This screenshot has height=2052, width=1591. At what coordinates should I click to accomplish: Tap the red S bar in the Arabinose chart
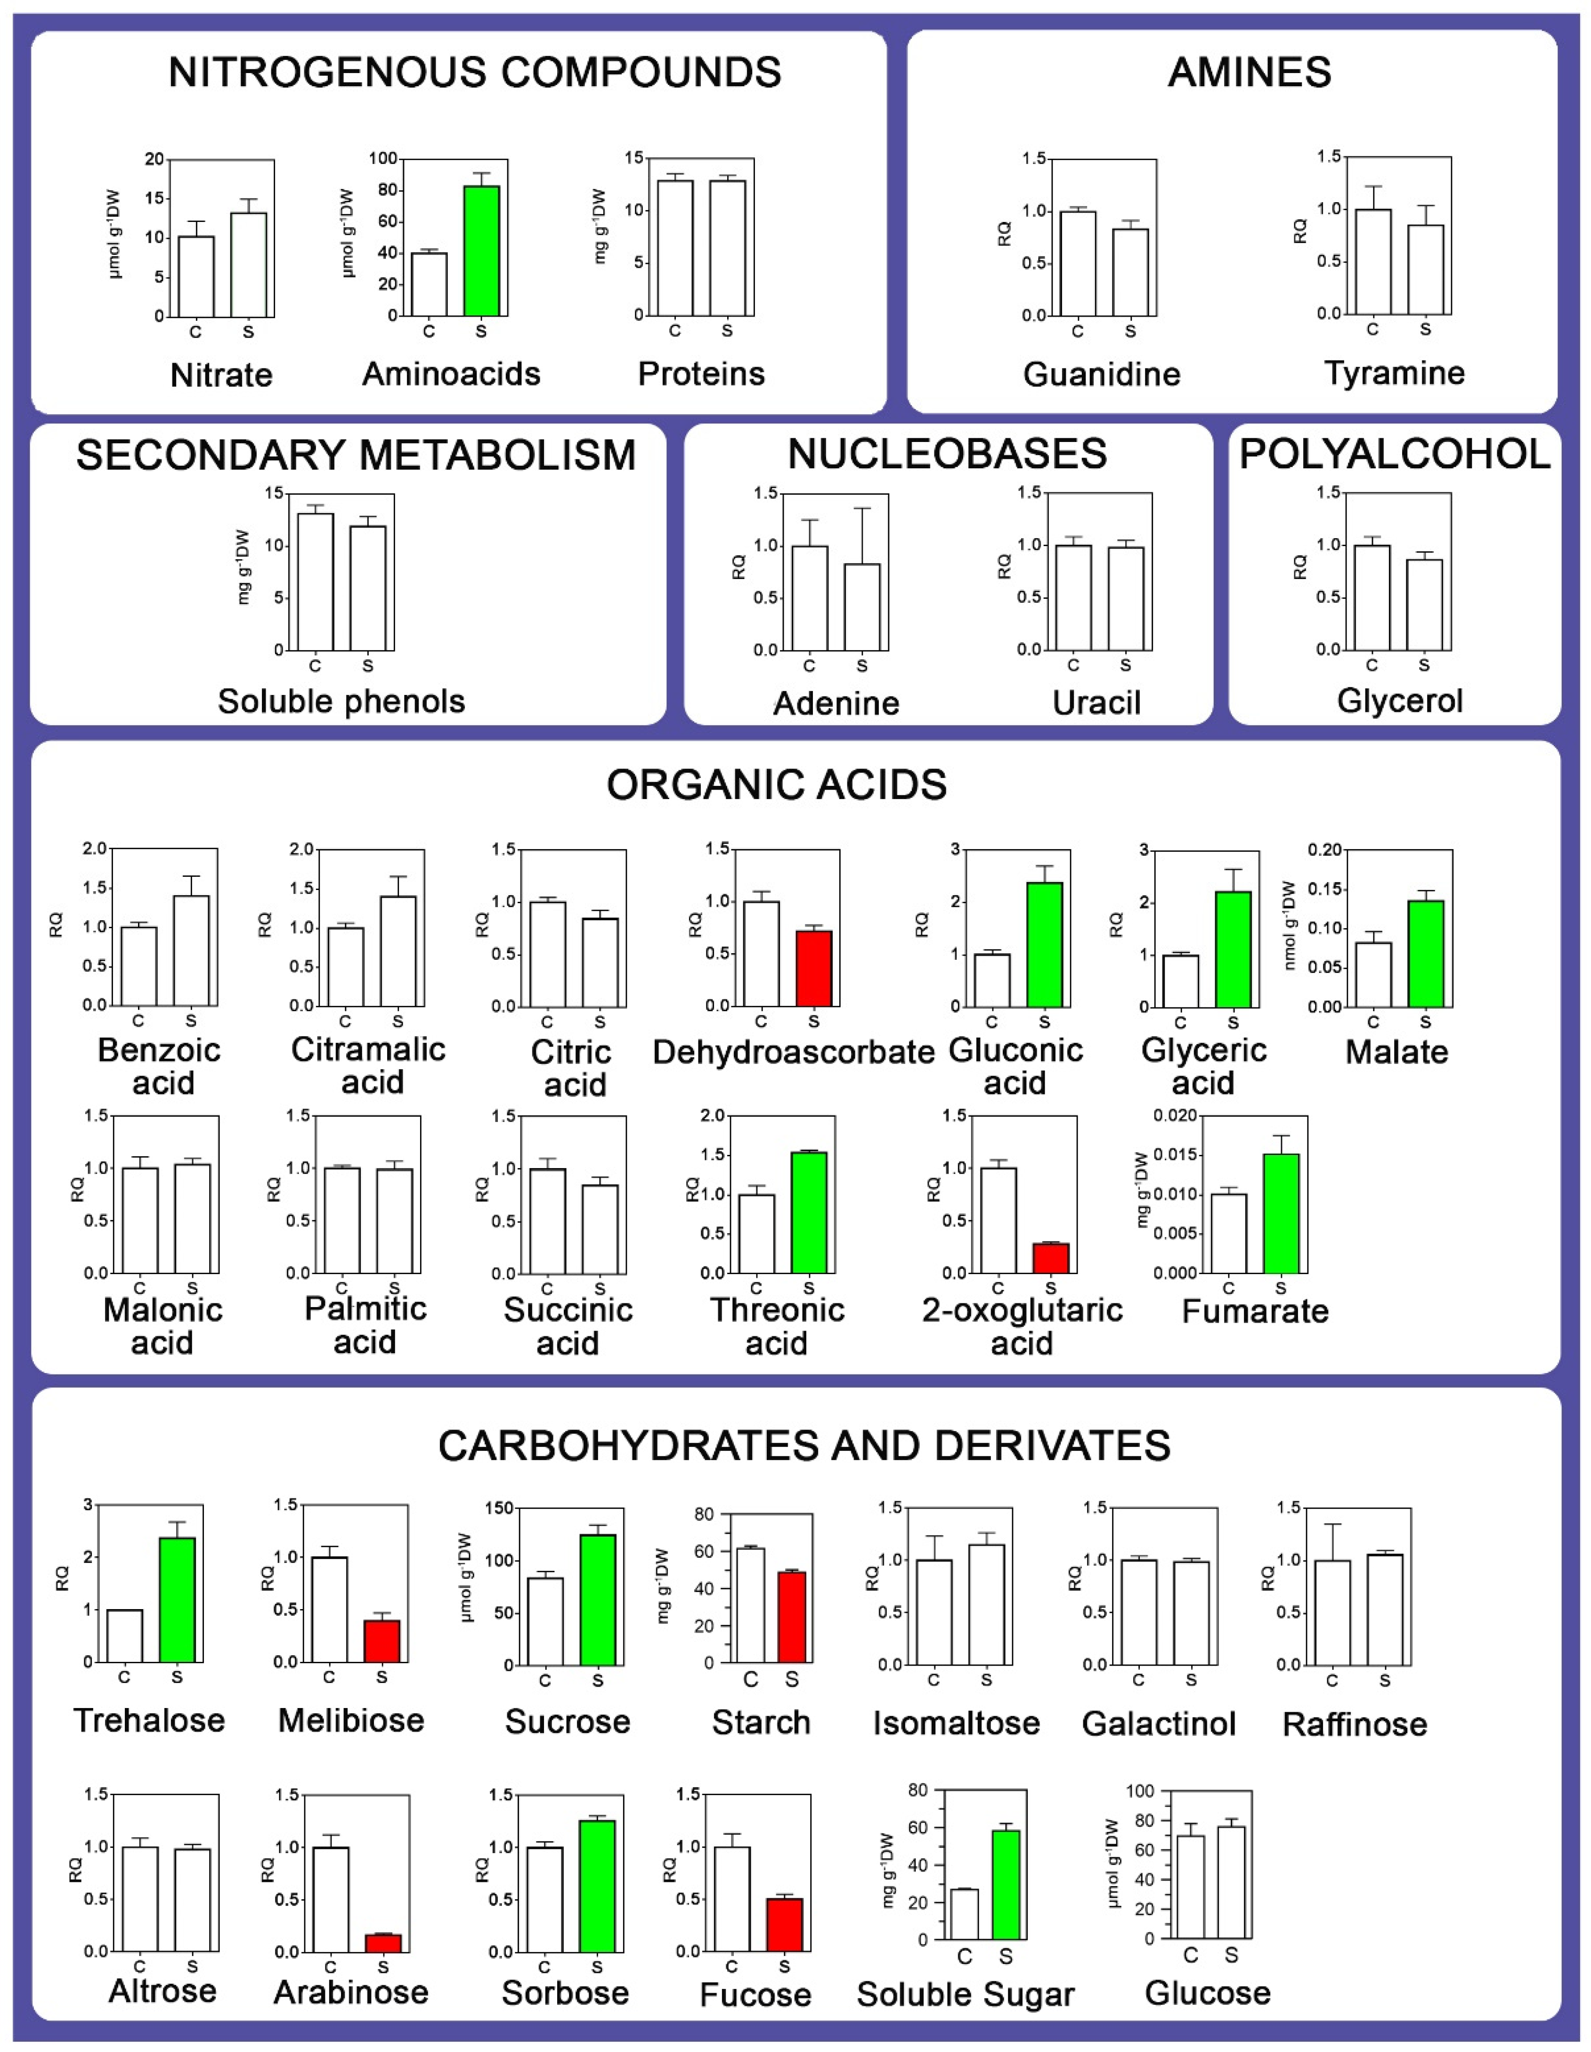click(382, 1943)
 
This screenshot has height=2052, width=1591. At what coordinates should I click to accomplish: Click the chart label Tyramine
click(1394, 373)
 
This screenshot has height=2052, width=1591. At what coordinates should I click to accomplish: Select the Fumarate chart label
click(1255, 1311)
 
